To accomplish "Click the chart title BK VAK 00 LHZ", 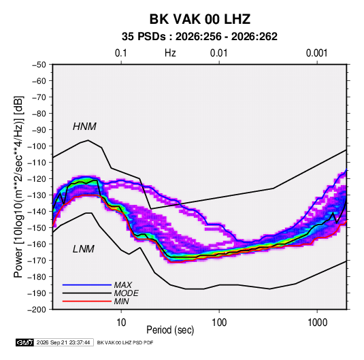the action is pyautogui.click(x=200, y=19).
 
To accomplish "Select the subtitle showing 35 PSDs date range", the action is pyautogui.click(x=199, y=37).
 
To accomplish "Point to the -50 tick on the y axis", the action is pyautogui.click(x=39, y=65).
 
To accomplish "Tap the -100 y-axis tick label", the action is pyautogui.click(x=37, y=146).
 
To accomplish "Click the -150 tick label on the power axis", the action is pyautogui.click(x=37, y=228).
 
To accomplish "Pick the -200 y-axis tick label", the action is pyautogui.click(x=37, y=310).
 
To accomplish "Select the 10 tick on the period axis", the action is pyautogui.click(x=121, y=323).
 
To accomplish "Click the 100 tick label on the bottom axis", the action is pyautogui.click(x=219, y=323).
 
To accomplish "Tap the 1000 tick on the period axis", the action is pyautogui.click(x=317, y=323).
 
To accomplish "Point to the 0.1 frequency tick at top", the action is pyautogui.click(x=121, y=53).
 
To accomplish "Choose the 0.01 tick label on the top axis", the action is pyautogui.click(x=218, y=53).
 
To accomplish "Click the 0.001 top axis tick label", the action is pyautogui.click(x=316, y=53).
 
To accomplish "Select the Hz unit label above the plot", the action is pyautogui.click(x=170, y=53).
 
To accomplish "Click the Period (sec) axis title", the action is pyautogui.click(x=170, y=330).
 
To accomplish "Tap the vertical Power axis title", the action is pyautogui.click(x=18, y=187).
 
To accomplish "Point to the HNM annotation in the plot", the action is pyautogui.click(x=84, y=127).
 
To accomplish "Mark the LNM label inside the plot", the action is pyautogui.click(x=84, y=249).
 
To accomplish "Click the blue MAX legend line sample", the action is pyautogui.click(x=87, y=285).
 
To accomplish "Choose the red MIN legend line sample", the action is pyautogui.click(x=87, y=301).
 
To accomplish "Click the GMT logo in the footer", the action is pyautogui.click(x=25, y=342).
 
